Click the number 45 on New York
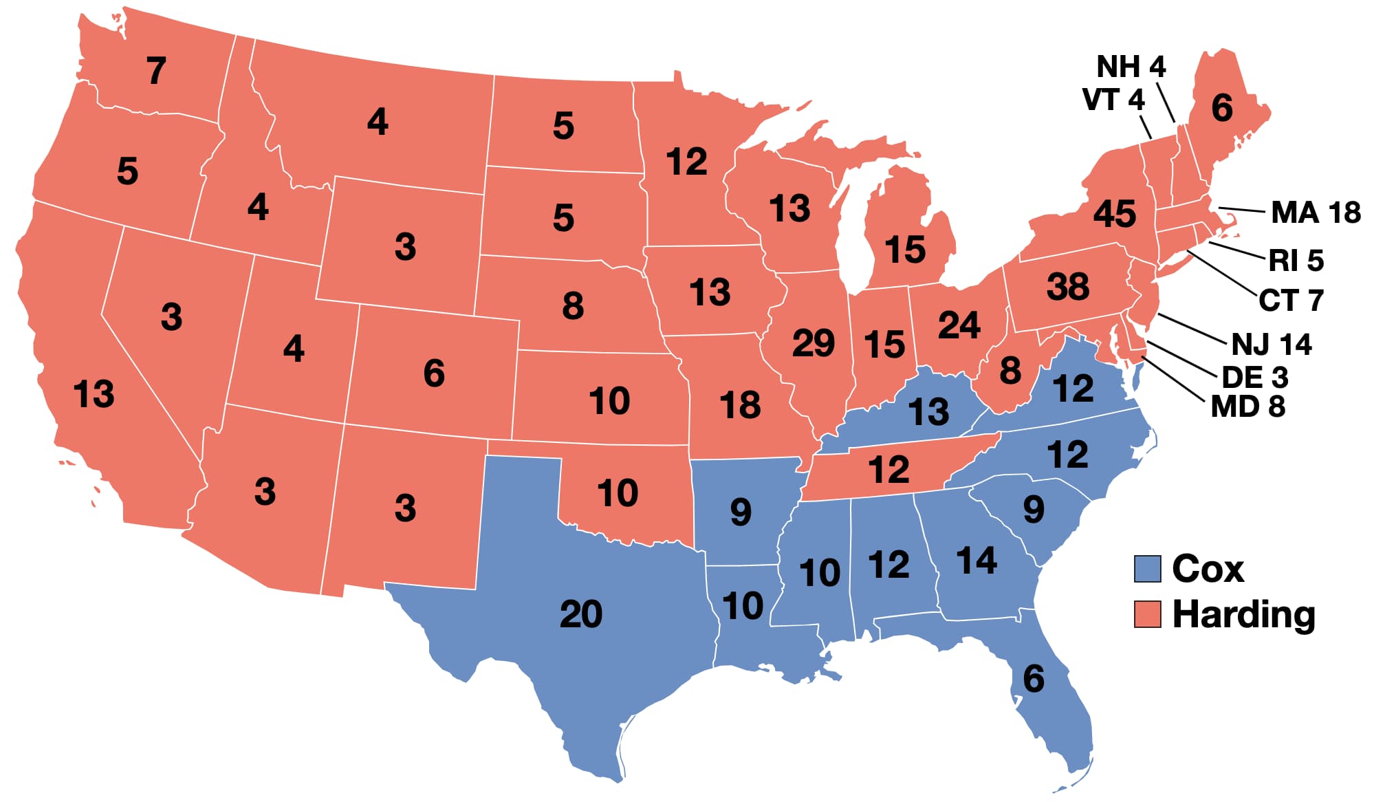1114,213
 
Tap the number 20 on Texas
581,614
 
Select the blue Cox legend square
1147,569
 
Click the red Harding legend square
1147,614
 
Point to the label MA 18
1315,212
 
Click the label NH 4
1131,67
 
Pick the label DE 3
1254,377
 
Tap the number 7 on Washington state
156,70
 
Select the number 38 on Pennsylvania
1067,286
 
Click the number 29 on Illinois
813,343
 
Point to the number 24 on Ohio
959,325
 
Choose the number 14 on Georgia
977,560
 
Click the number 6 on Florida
1033,679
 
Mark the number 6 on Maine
1221,108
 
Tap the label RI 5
1296,260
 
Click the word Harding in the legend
1243,614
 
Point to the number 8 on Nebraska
572,305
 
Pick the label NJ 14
1271,344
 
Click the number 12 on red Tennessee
888,470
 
